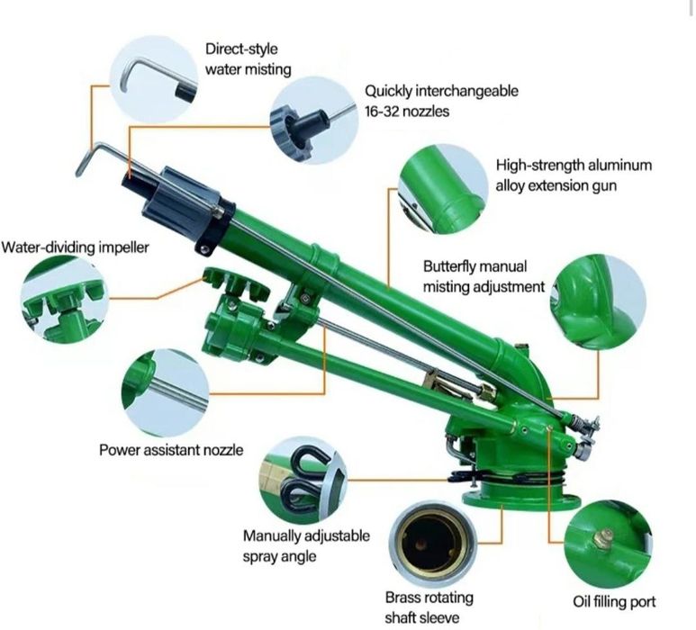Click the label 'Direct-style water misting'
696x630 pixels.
pos(249,58)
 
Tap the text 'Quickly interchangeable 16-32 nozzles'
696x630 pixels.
pos(441,101)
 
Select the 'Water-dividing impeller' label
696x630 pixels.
pos(75,247)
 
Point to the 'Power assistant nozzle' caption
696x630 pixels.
pos(171,450)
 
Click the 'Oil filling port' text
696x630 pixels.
pos(614,601)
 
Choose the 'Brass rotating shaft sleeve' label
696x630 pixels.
pos(429,607)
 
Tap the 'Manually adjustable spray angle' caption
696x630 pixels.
pos(306,545)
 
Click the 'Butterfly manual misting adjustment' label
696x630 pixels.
pos(484,276)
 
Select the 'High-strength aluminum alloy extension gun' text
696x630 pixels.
pos(574,175)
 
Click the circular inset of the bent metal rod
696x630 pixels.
pos(154,79)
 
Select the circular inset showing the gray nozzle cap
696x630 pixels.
pos(314,121)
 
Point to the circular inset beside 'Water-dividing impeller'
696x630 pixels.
pos(65,301)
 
